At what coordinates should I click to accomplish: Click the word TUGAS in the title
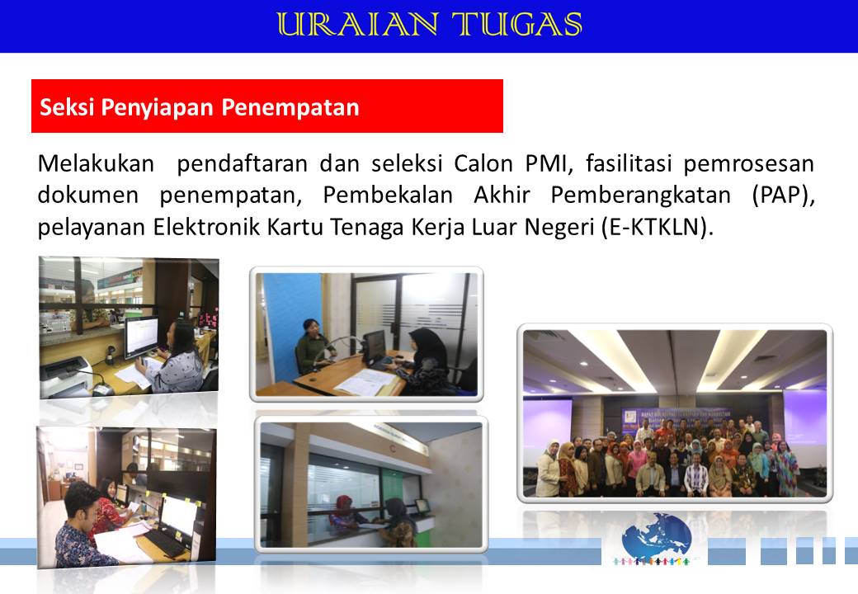click(517, 25)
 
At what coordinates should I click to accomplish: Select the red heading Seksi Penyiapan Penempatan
click(199, 106)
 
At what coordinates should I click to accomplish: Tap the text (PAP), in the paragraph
click(783, 196)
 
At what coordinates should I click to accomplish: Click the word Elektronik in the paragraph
click(206, 227)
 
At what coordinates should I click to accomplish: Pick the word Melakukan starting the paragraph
click(96, 163)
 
